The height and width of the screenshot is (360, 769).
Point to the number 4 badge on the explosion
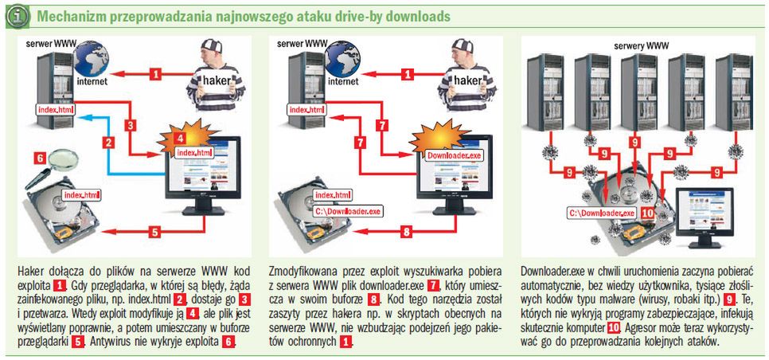183,137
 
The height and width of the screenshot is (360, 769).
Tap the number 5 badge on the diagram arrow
156,233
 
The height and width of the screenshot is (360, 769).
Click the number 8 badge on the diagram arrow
407,233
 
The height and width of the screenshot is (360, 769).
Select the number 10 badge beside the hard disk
647,213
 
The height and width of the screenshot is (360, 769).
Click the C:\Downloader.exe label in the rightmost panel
600,213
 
